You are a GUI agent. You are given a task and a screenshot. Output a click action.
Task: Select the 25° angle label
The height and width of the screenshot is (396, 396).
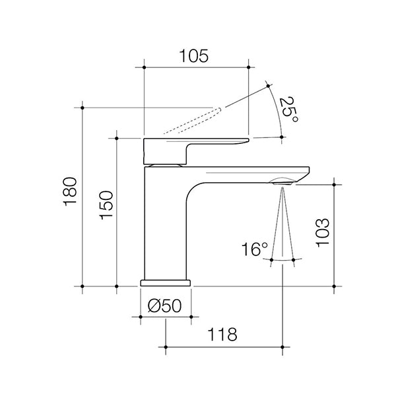point(288,110)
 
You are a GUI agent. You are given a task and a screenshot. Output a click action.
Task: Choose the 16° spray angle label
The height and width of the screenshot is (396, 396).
point(255,250)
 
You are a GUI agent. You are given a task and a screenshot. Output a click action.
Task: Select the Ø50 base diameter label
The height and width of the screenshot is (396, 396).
point(166,306)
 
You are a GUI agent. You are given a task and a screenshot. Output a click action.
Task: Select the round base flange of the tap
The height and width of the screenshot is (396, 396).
point(166,282)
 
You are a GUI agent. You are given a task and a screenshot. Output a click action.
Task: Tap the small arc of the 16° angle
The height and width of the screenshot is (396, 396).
point(283,260)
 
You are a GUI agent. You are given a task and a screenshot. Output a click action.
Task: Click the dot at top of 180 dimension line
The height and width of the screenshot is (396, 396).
point(82,107)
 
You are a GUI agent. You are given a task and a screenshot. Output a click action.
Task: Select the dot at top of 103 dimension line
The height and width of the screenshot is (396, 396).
point(335,184)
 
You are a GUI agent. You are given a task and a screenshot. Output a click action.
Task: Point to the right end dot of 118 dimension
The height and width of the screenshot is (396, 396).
point(283,346)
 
